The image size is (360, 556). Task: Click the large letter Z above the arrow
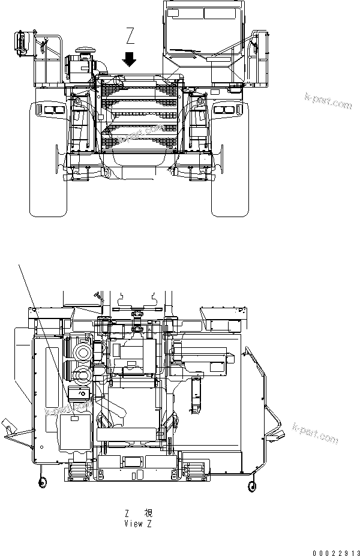point(131,38)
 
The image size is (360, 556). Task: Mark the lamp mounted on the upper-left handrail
point(20,41)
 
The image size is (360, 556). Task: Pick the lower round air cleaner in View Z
point(81,376)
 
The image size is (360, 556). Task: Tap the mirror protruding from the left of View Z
point(9,427)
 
